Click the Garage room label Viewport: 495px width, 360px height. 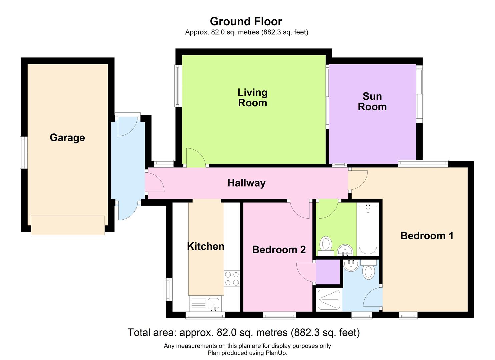click(67, 138)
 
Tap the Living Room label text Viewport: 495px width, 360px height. click(253, 98)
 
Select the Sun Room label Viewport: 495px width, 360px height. click(372, 102)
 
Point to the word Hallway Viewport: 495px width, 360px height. click(246, 183)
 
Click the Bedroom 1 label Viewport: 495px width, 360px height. click(427, 236)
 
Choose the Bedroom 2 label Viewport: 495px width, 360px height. click(279, 250)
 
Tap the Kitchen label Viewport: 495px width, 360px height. click(206, 246)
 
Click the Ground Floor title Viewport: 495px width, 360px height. click(246, 22)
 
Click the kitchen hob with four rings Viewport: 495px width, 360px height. click(232, 279)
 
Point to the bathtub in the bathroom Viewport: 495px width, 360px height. click(368, 230)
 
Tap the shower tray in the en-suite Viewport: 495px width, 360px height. click(329, 300)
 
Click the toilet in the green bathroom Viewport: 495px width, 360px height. click(326, 246)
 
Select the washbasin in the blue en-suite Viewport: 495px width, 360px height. click(351, 265)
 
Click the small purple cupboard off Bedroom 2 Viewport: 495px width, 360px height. click(328, 272)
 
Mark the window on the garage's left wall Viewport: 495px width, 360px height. click(24, 153)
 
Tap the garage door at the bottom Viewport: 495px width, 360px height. click(68, 225)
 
